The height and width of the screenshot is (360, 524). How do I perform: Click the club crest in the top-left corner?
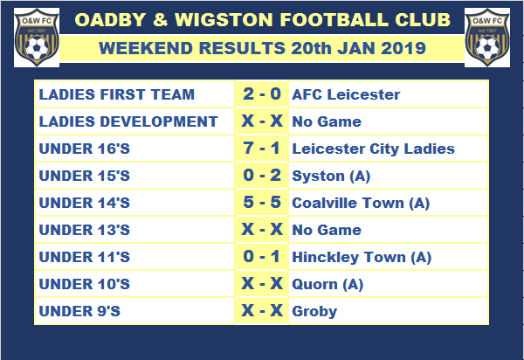tap(37, 38)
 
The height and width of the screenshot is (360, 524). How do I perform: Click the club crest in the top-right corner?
tap(487, 38)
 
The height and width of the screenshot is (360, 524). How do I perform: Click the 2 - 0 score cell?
tap(262, 93)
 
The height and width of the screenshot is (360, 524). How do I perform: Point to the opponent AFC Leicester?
tap(346, 94)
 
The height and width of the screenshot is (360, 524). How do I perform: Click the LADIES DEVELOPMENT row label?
tap(128, 121)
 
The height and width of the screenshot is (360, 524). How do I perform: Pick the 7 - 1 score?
tap(262, 148)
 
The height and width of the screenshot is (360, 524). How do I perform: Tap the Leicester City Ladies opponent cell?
tap(373, 149)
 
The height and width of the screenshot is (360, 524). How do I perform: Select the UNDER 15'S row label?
tap(84, 176)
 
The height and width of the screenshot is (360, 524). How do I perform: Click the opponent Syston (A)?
tap(331, 177)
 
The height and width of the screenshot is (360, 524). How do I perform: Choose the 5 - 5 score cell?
tap(262, 202)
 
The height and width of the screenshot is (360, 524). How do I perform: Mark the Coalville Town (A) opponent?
tap(361, 204)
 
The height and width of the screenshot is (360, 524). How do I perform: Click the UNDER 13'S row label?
tap(84, 230)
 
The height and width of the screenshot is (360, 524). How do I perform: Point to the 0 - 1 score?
tap(262, 256)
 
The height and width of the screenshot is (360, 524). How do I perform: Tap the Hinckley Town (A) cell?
tap(362, 258)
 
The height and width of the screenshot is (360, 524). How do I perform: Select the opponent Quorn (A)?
tap(327, 285)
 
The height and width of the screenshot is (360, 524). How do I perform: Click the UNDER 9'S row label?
tap(79, 311)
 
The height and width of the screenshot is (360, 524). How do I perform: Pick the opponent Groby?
tap(314, 312)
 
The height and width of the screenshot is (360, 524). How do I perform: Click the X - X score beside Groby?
tap(262, 310)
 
